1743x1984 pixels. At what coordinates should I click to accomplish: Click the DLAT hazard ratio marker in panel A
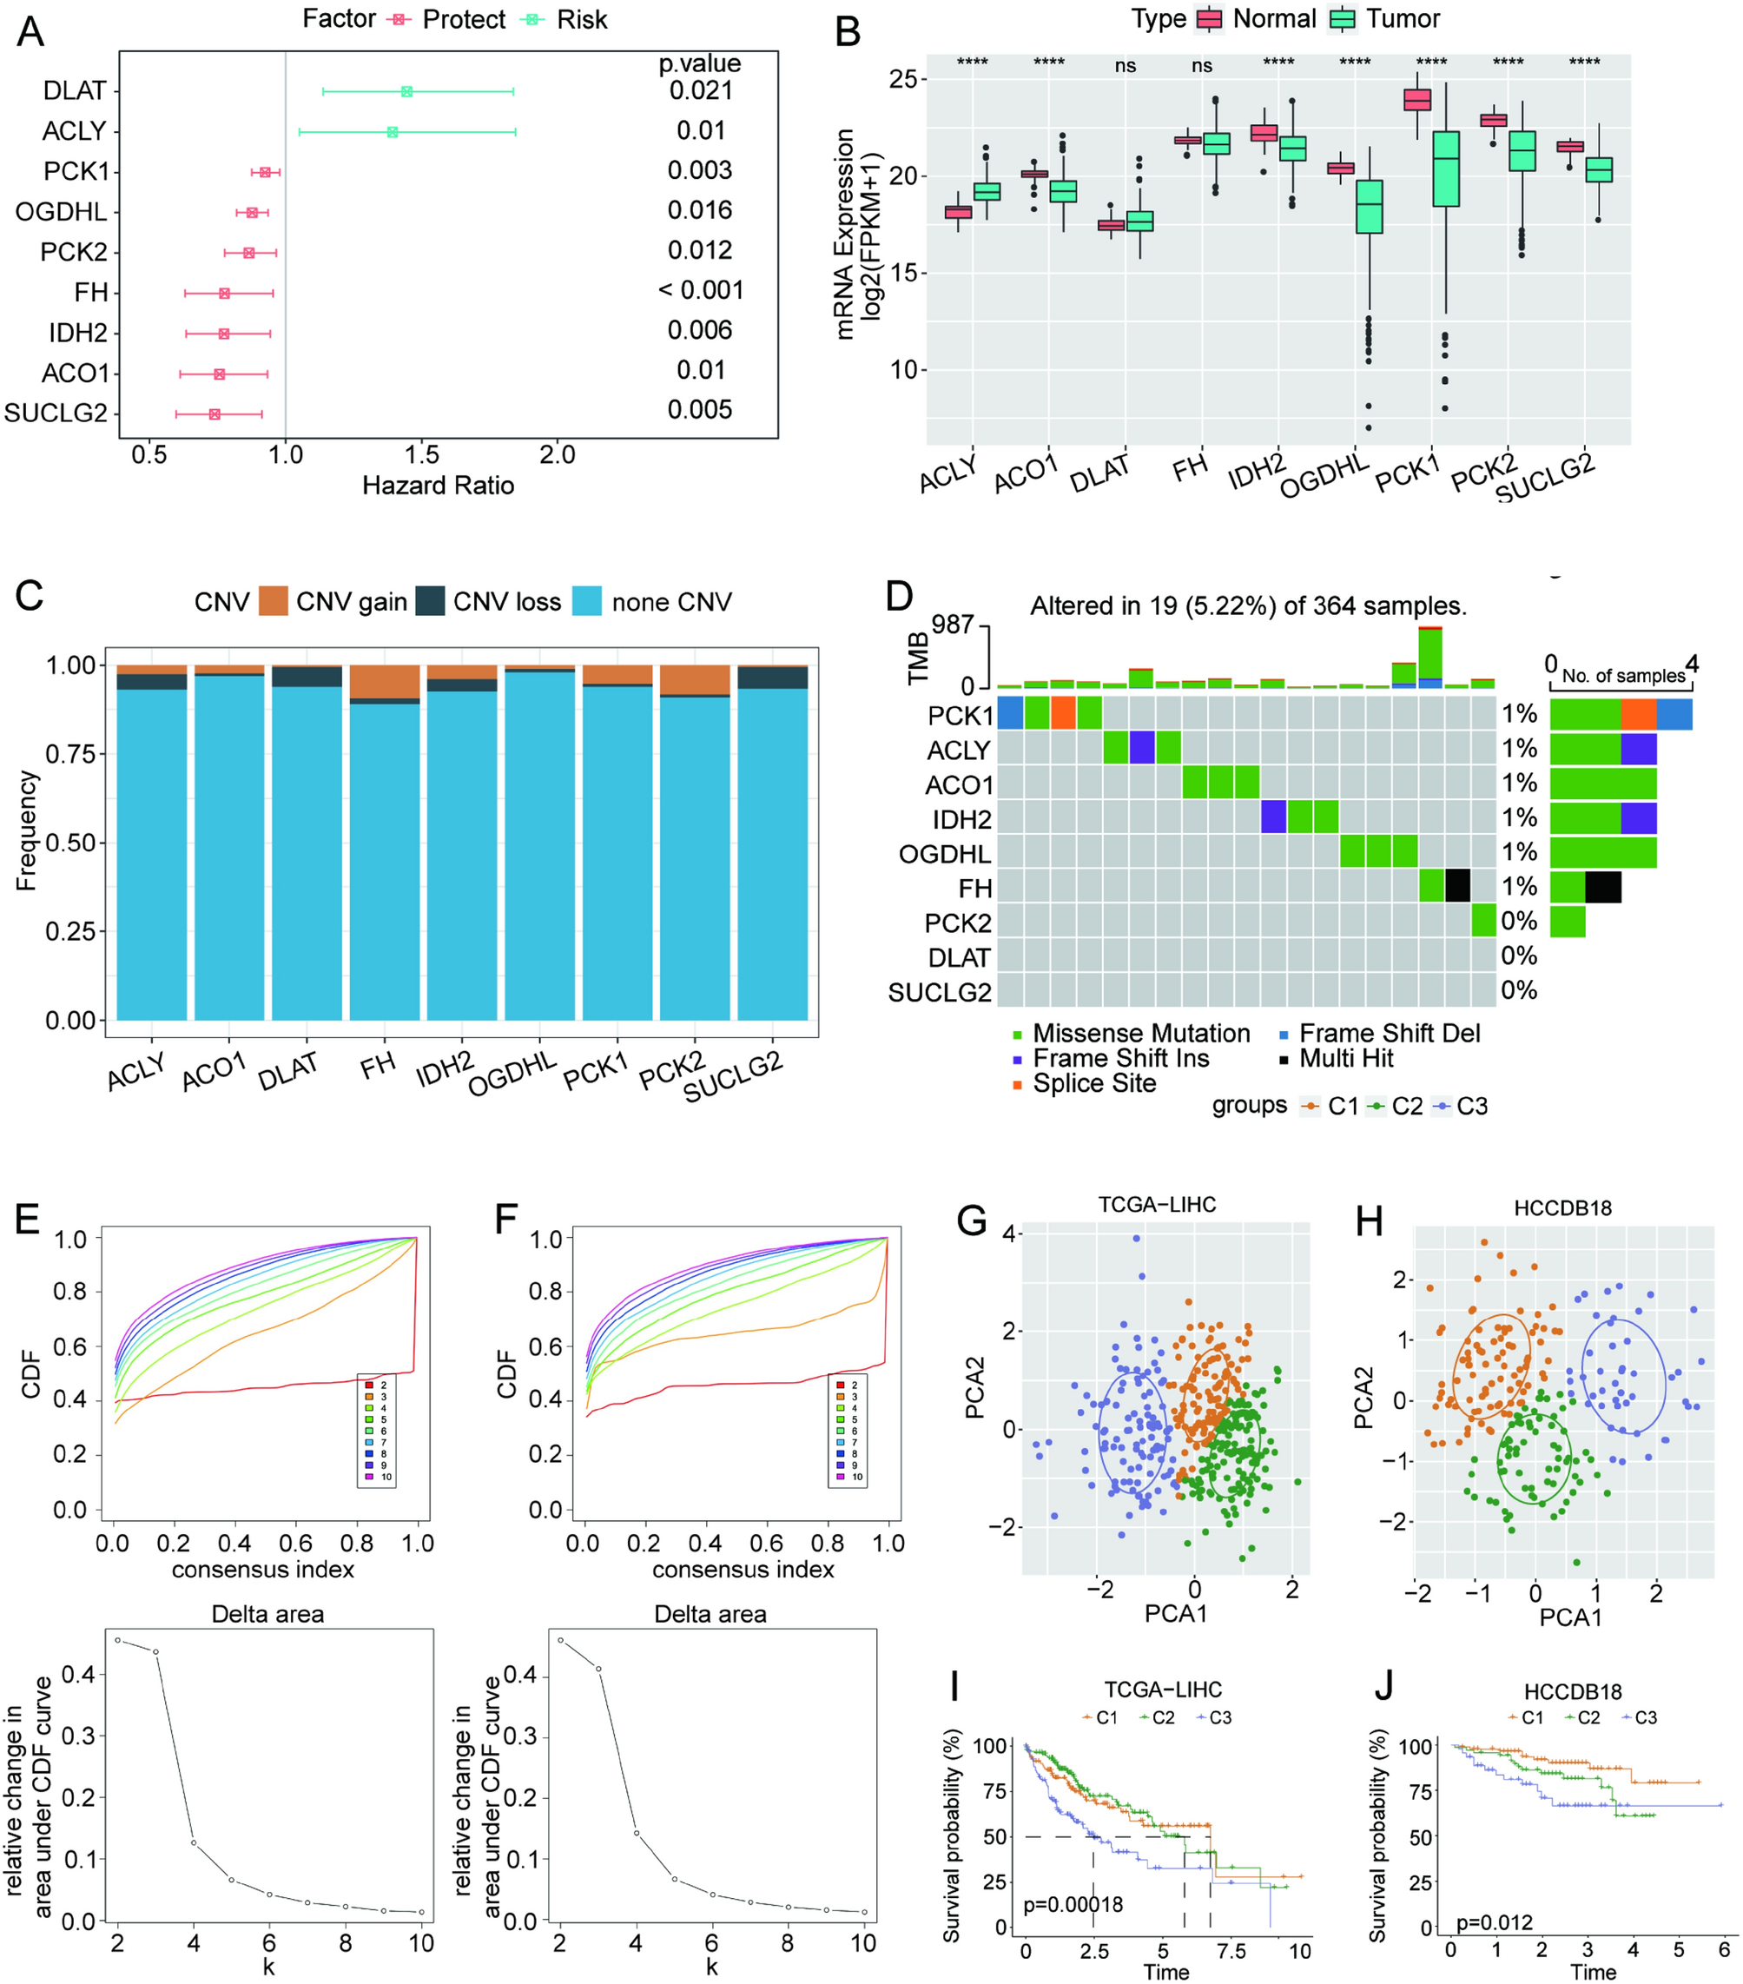pos(406,91)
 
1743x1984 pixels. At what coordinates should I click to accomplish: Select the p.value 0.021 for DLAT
pos(700,90)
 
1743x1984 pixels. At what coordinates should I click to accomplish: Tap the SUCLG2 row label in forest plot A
pos(56,413)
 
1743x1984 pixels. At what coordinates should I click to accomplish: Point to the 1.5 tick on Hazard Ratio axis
pos(421,454)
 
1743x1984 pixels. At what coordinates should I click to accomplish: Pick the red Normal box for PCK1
pos(1418,100)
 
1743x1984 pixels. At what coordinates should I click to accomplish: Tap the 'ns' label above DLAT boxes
pos(1125,66)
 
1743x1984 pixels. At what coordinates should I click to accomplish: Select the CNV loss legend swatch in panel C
pos(430,602)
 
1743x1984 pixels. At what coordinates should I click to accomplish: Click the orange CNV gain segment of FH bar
pos(385,681)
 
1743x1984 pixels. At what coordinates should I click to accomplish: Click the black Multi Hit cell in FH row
pos(1456,886)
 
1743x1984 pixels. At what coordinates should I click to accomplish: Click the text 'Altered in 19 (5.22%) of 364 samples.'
pos(1248,606)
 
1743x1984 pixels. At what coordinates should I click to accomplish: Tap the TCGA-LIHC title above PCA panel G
pos(1157,1205)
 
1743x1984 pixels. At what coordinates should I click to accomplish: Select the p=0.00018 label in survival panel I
pos(1073,1904)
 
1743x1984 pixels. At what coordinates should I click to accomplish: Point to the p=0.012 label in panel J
pos(1494,1921)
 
